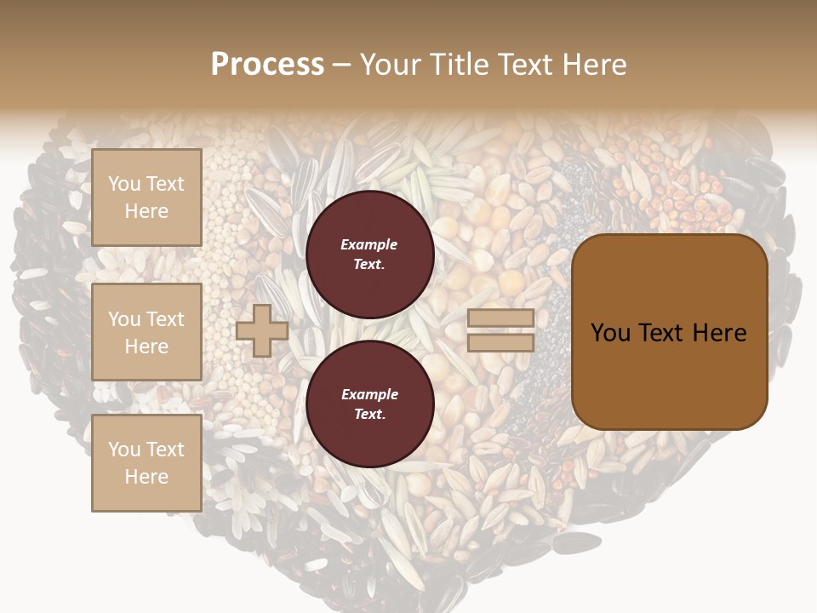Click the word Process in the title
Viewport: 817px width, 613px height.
267,65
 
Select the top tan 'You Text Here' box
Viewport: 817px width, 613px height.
146,198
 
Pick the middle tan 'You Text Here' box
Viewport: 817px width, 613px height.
146,332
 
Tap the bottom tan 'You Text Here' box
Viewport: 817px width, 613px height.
146,463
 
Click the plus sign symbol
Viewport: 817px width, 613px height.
262,330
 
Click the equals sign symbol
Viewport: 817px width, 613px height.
500,330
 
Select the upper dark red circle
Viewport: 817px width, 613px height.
369,255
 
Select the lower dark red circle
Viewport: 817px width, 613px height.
369,404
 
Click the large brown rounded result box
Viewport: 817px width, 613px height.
669,332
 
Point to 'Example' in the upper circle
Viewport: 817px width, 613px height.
369,245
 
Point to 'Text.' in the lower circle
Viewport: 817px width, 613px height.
369,415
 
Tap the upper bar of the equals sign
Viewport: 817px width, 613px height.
500,318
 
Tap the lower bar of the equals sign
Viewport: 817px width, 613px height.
500,342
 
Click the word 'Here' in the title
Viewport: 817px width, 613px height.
596,65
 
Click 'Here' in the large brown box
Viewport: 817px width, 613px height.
719,333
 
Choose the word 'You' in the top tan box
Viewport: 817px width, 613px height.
124,184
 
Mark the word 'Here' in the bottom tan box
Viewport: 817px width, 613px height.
146,477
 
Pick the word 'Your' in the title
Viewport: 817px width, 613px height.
391,65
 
